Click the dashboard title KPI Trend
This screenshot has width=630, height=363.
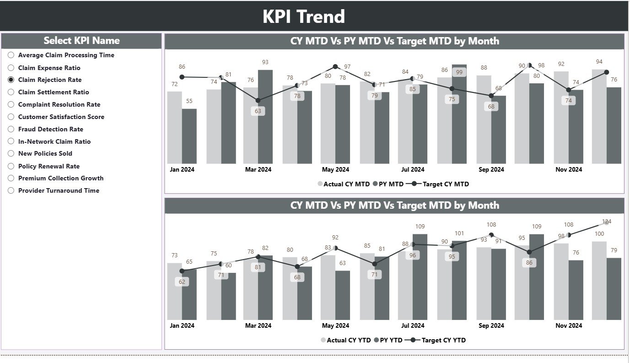point(303,16)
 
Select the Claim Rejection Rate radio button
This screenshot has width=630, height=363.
point(11,80)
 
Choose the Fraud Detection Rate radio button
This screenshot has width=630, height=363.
point(11,129)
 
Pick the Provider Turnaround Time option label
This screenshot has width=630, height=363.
point(59,190)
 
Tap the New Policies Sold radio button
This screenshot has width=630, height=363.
point(11,154)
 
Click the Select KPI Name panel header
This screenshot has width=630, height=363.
point(81,41)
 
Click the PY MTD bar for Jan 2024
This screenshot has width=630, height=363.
point(189,136)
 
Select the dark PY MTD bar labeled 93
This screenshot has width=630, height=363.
point(265,117)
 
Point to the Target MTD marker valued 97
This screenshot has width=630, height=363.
point(335,67)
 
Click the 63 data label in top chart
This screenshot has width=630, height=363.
point(258,111)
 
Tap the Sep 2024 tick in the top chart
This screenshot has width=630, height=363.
point(491,169)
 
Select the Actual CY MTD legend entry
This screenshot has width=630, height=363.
point(344,184)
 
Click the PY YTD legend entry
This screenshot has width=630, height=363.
point(388,340)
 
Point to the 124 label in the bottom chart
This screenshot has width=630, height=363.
point(607,222)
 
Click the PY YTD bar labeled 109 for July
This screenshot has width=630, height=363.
point(420,277)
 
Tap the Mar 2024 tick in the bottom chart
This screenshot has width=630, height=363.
point(258,325)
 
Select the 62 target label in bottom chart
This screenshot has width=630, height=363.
point(182,282)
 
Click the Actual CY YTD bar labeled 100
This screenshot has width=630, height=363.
point(599,280)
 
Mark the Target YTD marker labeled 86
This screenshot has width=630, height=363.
point(529,252)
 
